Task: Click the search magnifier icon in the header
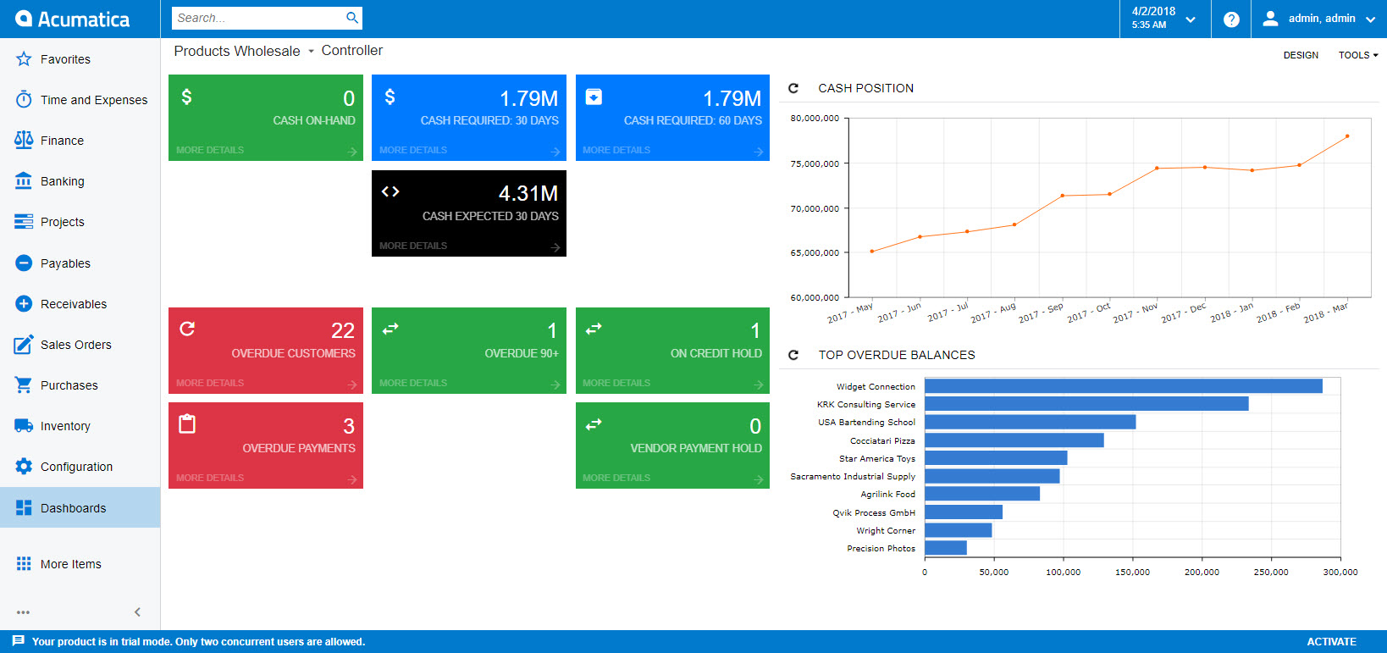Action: (352, 18)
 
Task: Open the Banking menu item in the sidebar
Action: (62, 181)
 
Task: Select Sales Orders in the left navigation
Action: (75, 345)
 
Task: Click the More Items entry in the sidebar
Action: (70, 564)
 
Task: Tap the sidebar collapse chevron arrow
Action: (137, 611)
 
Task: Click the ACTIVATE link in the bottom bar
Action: (1331, 642)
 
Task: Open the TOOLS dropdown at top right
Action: (1357, 55)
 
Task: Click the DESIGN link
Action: (1301, 55)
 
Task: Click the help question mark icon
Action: (1231, 19)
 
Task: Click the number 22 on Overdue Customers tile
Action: (342, 330)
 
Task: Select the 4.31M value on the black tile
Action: (528, 194)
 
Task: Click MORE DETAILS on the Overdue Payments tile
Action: (210, 478)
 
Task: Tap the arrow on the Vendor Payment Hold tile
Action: (759, 480)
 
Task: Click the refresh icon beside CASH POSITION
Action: (793, 88)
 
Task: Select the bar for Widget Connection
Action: (1123, 386)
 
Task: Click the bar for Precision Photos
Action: (945, 548)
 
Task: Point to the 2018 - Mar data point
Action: (1346, 136)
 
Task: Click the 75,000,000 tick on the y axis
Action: (814, 163)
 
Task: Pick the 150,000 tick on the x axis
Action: (1132, 573)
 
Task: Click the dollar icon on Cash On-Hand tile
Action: (186, 97)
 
